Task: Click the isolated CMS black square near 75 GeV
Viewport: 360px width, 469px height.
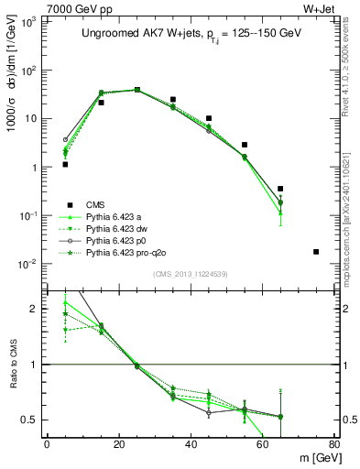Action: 316,252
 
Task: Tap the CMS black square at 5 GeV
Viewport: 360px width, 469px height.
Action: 65,165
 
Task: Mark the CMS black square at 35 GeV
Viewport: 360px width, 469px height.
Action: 173,100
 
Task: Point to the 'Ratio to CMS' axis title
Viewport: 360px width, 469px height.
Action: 13,365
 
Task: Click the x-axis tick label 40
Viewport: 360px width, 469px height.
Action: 191,444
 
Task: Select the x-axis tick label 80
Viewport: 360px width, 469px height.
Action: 334,444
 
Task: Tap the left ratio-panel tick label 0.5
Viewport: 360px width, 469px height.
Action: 30,420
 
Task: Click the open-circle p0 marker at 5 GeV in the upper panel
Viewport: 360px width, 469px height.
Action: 65,140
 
